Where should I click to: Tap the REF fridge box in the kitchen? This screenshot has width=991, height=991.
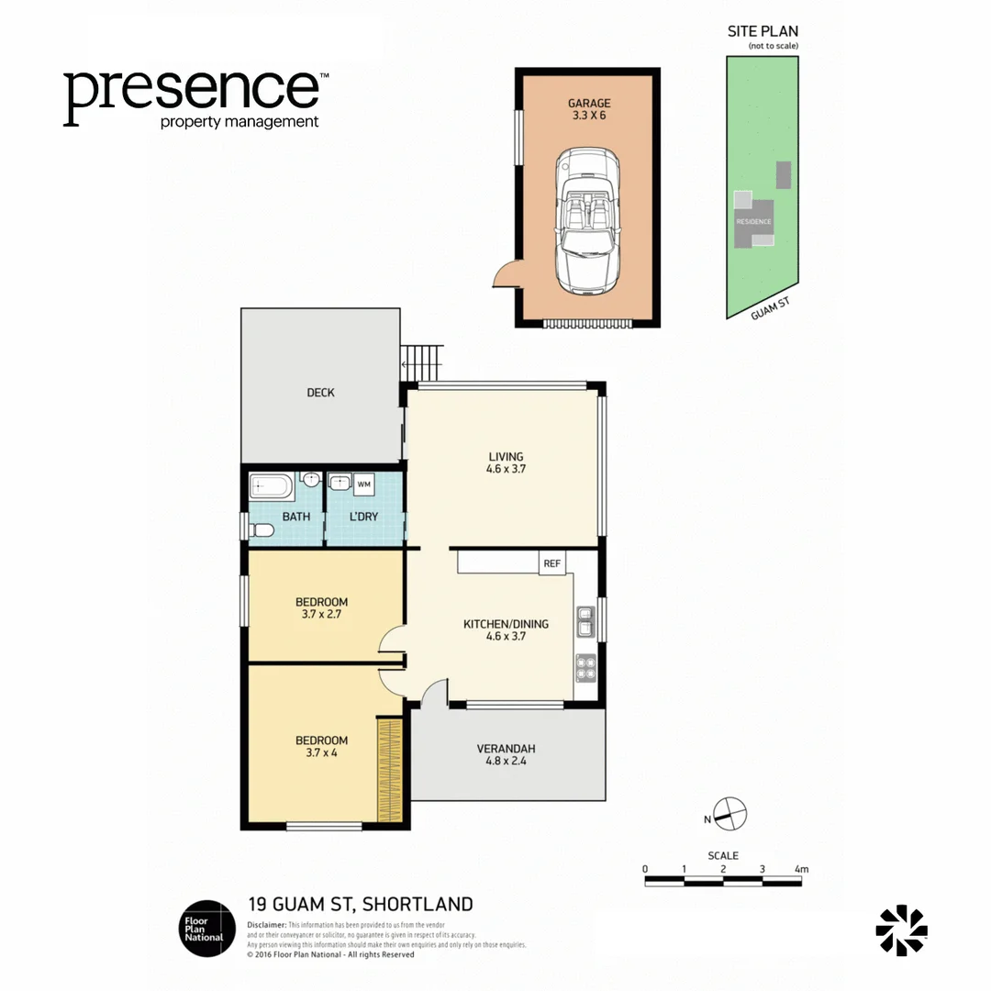(x=552, y=563)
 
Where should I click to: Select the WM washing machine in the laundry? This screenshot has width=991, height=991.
(x=364, y=484)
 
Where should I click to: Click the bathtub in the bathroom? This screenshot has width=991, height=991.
(x=272, y=484)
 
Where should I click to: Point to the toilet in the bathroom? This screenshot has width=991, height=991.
(x=261, y=529)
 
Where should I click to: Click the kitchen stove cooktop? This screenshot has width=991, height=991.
(x=585, y=667)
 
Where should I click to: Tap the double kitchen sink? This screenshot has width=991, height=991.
(x=585, y=620)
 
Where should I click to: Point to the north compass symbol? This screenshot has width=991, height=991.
(x=730, y=812)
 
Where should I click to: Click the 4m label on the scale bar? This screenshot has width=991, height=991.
(x=801, y=869)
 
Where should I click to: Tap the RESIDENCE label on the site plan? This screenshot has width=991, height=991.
(x=753, y=222)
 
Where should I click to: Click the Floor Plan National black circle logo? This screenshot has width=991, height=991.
(x=206, y=928)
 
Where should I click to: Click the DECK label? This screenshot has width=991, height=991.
(x=320, y=393)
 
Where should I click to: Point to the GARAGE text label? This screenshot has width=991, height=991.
(x=588, y=104)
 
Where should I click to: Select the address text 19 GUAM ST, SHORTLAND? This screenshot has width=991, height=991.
(x=361, y=905)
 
